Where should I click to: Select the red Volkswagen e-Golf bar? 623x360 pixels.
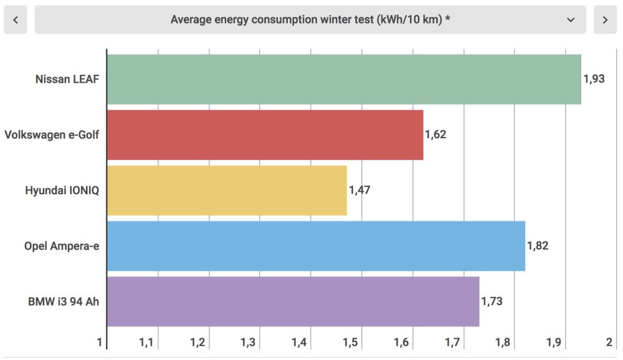265,135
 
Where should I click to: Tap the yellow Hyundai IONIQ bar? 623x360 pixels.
227,190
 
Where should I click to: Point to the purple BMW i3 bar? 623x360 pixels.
293,301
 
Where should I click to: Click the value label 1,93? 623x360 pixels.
594,79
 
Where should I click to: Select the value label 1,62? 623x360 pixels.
435,135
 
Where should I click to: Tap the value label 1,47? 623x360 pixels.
359,190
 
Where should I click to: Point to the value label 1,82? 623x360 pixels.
538,245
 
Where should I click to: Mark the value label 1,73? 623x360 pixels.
492,301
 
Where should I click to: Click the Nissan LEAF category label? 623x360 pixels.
67,79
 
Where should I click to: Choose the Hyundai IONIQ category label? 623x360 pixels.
62,190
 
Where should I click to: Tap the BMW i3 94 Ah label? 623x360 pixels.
64,301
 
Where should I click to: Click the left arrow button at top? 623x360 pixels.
16,20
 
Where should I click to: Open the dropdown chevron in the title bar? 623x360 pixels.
571,20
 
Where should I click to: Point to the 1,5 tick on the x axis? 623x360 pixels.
350,343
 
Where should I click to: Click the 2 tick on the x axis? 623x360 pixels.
609,343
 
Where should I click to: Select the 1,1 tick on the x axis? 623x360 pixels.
146,343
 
